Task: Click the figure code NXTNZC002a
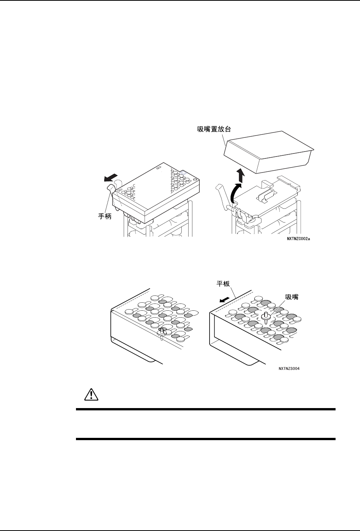(302, 240)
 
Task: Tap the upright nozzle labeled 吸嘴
(265, 316)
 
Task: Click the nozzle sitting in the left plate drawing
(161, 332)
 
